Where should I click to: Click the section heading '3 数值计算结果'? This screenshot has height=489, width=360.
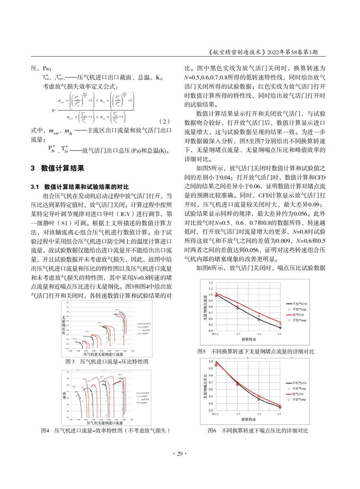[x=57, y=168]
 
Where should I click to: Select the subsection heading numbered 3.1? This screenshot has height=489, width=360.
[x=80, y=187]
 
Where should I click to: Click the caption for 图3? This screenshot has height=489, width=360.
[x=107, y=362]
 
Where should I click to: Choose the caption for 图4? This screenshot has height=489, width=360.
[x=105, y=430]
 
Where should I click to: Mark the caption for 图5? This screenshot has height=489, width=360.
[x=256, y=351]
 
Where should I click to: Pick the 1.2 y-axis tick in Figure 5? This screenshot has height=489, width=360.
[x=211, y=283]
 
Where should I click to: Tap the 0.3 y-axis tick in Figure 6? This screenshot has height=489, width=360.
[x=211, y=411]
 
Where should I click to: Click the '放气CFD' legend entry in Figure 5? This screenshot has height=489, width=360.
[x=298, y=315]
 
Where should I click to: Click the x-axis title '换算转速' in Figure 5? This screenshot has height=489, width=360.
[x=249, y=340]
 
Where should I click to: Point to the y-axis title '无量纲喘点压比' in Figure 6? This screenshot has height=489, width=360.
[x=205, y=386]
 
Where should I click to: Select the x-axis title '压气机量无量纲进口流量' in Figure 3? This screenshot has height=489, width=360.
[x=103, y=354]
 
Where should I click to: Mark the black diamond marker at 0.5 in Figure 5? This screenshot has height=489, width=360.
[x=280, y=328]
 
